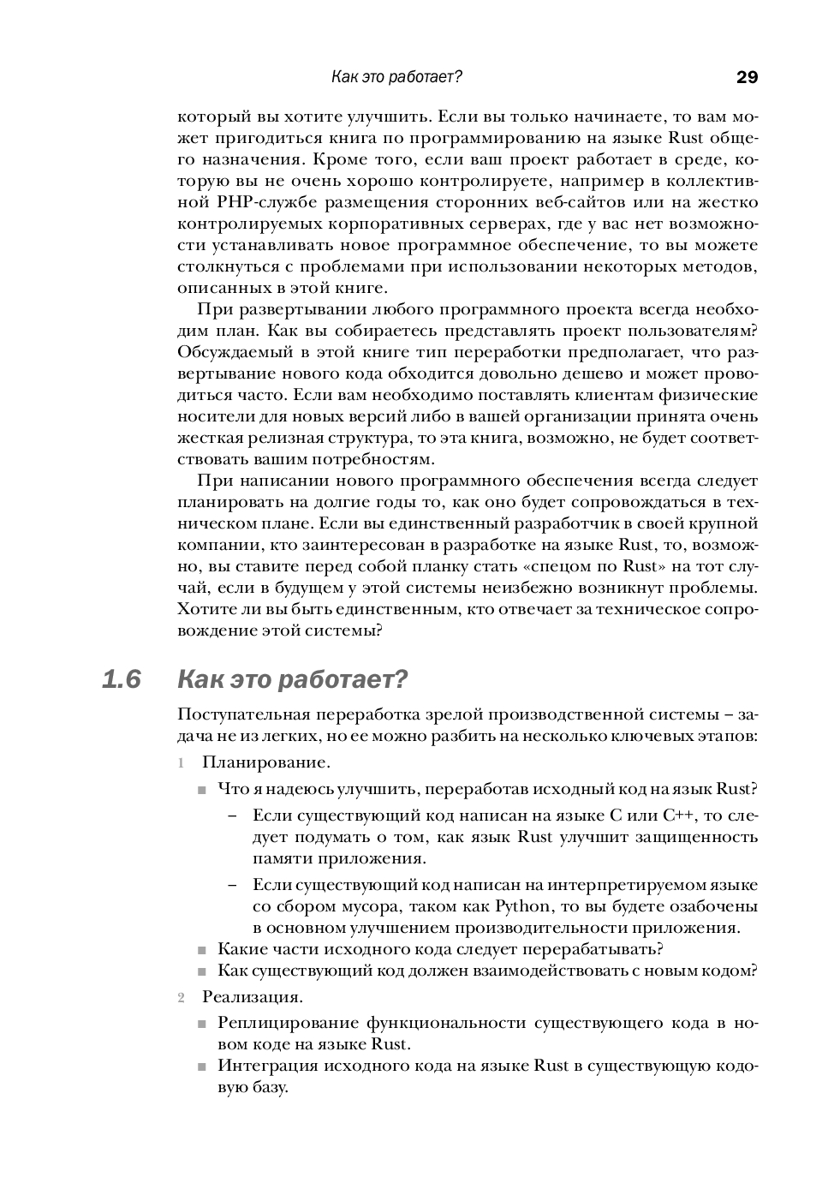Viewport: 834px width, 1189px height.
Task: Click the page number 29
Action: tap(747, 78)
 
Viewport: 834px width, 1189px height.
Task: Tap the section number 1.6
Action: tap(121, 680)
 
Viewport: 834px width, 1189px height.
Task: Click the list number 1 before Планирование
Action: tap(182, 762)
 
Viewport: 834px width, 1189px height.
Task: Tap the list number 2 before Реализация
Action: tap(182, 998)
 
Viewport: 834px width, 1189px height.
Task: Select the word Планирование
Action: tap(266, 762)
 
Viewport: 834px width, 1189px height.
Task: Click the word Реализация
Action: tap(253, 997)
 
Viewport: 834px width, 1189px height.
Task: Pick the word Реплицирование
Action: tap(287, 1023)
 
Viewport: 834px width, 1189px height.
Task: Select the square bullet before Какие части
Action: tap(202, 950)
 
